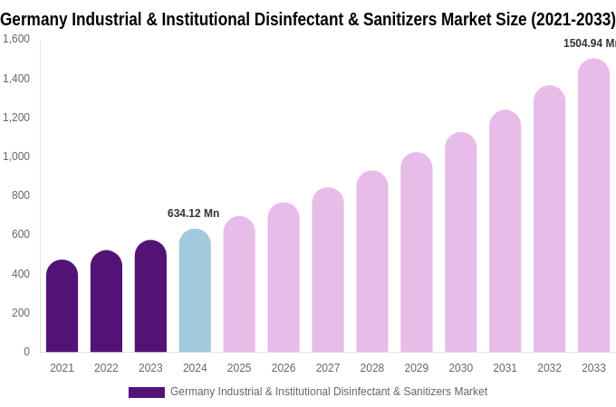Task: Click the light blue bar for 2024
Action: [x=195, y=291]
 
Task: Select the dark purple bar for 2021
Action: [x=62, y=307]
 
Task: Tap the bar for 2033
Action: [x=593, y=206]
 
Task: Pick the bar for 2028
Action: [x=371, y=262]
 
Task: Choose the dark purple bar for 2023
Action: [x=150, y=297]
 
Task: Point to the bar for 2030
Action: [x=460, y=242]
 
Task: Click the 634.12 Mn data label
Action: [x=193, y=213]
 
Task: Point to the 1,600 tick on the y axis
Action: [x=16, y=39]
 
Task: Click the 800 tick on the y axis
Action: [x=20, y=195]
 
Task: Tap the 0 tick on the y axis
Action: [x=26, y=352]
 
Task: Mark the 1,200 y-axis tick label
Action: [x=16, y=118]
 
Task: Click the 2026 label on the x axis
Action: [x=284, y=368]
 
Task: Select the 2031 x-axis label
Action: [x=505, y=368]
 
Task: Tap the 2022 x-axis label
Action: [x=106, y=368]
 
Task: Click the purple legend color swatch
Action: [x=146, y=393]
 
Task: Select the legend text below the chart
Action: [x=329, y=392]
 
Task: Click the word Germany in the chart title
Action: [x=35, y=19]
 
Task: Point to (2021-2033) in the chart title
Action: [x=573, y=19]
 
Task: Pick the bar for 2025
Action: [x=239, y=285]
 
